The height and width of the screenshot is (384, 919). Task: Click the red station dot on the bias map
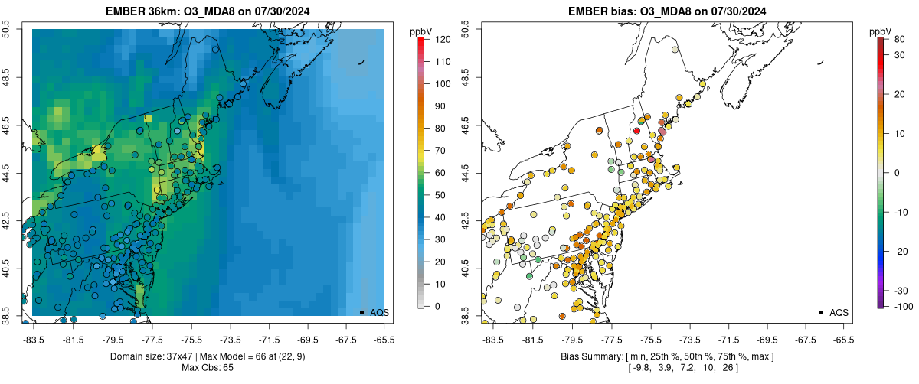[636, 131]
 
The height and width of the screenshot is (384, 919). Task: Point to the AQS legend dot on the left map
[361, 312]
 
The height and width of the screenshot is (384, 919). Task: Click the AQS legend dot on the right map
[820, 312]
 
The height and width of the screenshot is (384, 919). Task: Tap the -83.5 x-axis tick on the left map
[33, 339]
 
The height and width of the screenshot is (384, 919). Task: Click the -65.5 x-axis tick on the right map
[843, 339]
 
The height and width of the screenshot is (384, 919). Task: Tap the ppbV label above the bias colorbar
[881, 31]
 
